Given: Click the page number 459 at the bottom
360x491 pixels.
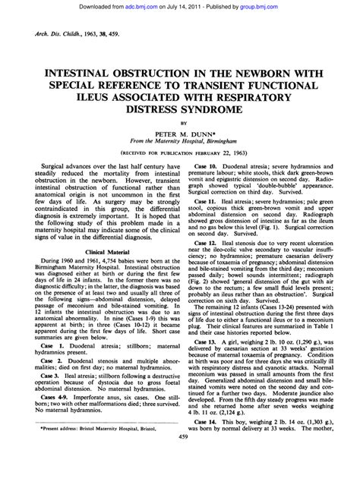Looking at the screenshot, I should (180, 479).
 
